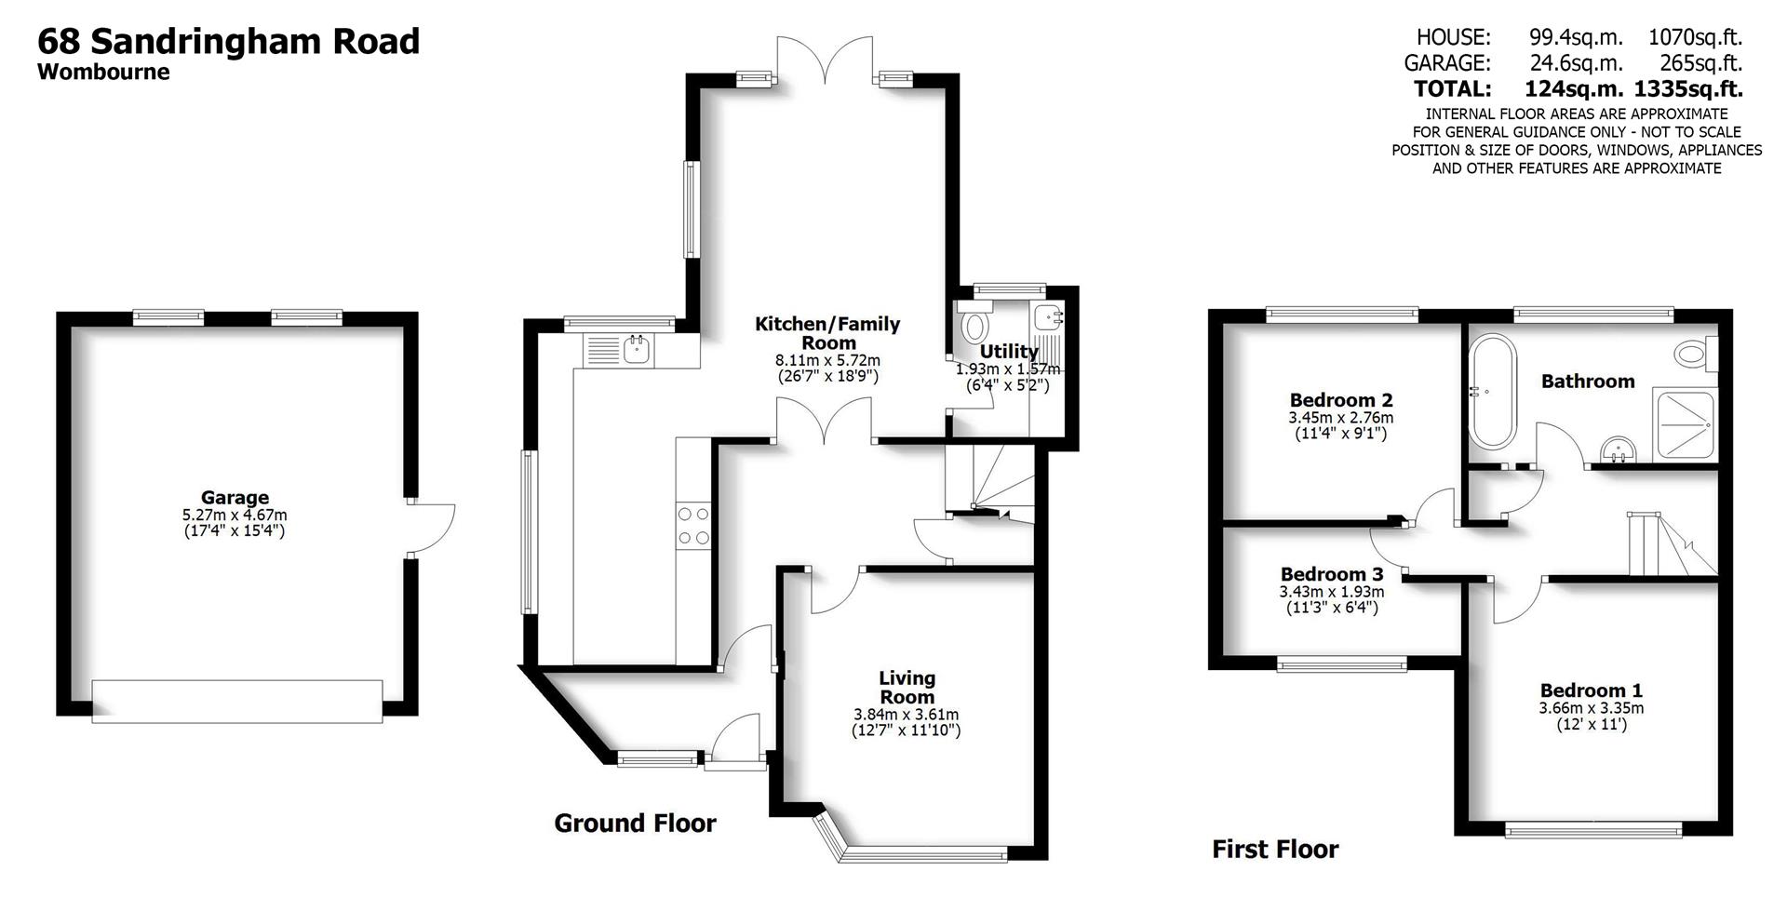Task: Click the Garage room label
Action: pos(235,498)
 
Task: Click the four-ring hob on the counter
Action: pos(692,525)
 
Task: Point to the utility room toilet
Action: pos(974,326)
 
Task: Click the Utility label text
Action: pos(1008,352)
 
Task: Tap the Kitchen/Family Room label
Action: pos(827,333)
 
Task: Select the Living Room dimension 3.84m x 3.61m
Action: pos(906,715)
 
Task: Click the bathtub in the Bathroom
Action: pos(1493,392)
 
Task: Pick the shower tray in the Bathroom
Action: pos(1683,424)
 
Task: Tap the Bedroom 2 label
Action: pos(1341,401)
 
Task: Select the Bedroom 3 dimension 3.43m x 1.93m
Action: pos(1331,592)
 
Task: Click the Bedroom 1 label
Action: pos(1591,690)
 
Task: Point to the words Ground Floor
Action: pos(635,824)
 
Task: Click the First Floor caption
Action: pos(1275,850)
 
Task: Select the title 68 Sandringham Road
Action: pos(228,42)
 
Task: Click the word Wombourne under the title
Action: pos(103,73)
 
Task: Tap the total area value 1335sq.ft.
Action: pos(1687,89)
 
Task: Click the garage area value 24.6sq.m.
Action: pos(1576,63)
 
